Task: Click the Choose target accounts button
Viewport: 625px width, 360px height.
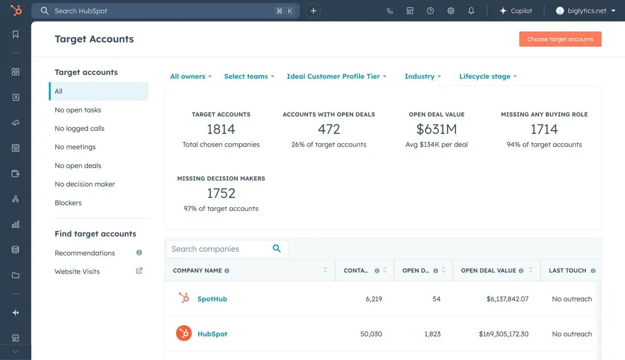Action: (x=560, y=39)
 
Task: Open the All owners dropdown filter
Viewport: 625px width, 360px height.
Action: (x=190, y=76)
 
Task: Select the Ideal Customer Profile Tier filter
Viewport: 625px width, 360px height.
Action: (x=336, y=76)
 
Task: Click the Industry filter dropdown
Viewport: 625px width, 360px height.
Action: (x=422, y=76)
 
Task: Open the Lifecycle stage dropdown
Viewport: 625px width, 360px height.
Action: (x=488, y=76)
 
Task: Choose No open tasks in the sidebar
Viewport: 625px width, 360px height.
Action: (x=78, y=110)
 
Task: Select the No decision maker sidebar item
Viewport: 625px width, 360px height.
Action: (x=85, y=184)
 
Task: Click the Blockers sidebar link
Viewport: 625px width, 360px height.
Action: (x=68, y=203)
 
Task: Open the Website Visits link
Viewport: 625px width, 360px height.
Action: (x=77, y=272)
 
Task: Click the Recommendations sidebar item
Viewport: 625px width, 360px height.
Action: (x=85, y=253)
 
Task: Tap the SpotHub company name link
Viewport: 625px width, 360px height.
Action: (x=212, y=299)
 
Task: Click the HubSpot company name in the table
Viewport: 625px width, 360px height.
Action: (x=212, y=334)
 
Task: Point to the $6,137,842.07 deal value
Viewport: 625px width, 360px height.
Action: (x=507, y=299)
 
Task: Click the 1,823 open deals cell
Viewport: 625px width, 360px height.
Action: (x=432, y=334)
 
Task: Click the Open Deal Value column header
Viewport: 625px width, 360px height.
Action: (x=488, y=271)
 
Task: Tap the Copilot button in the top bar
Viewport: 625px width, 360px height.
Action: (x=516, y=11)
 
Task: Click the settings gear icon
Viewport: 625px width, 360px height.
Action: (x=451, y=11)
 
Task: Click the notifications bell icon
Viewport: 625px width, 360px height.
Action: (x=471, y=11)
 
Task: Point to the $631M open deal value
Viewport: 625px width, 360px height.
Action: (x=437, y=129)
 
